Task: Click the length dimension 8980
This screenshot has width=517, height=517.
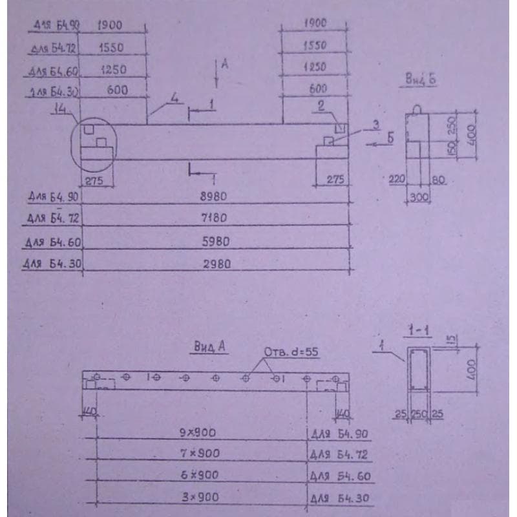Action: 215,195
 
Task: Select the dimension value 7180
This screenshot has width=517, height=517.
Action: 215,218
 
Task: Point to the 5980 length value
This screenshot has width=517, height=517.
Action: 215,242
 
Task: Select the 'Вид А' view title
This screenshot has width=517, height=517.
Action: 209,347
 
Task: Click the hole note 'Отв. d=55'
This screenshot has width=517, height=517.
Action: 291,352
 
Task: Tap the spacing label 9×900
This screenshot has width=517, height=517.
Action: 198,432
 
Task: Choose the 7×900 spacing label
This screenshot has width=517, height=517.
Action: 200,454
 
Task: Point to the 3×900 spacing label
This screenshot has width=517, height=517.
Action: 200,497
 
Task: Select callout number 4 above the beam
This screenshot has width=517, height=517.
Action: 174,98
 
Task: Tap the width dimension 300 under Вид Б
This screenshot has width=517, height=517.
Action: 419,198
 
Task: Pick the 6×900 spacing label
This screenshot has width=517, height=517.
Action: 200,475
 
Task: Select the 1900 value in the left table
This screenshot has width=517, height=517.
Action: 110,25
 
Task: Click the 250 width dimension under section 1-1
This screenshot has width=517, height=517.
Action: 418,414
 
